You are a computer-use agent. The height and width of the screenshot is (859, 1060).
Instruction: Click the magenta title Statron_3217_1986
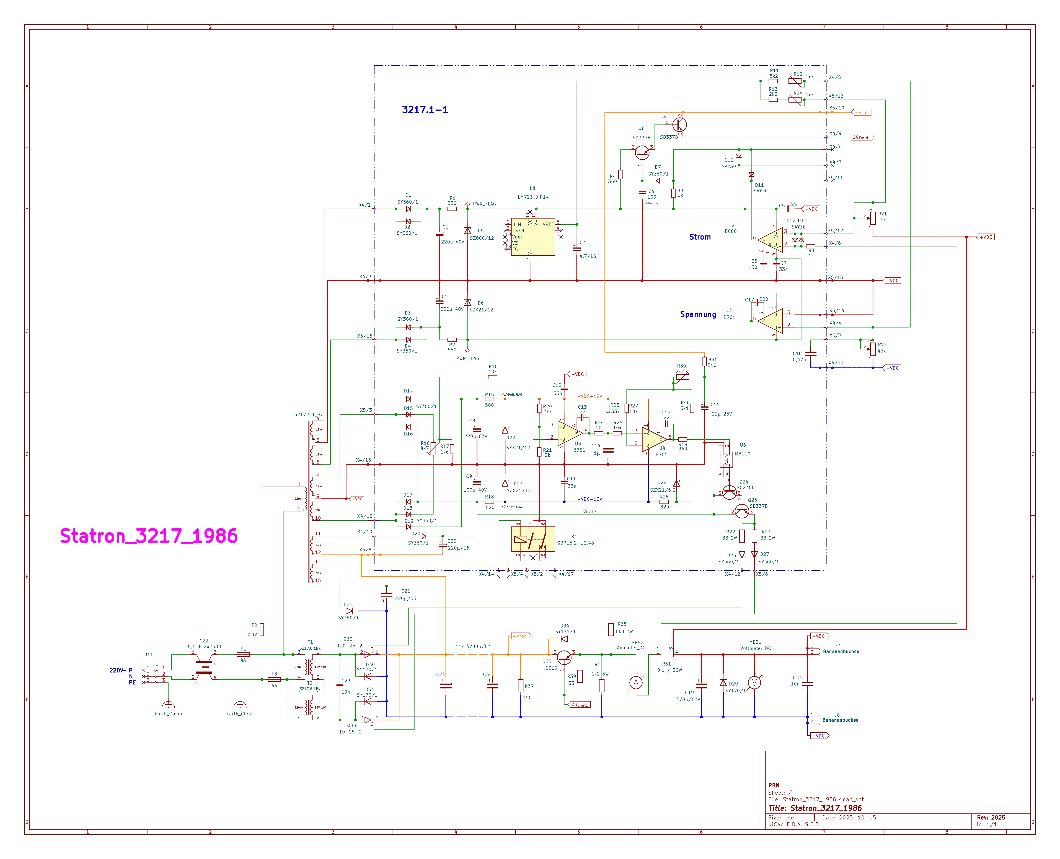click(148, 536)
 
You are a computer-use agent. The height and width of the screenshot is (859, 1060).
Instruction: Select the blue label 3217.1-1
click(425, 110)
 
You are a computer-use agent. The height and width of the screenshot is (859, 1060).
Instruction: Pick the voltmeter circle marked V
click(754, 683)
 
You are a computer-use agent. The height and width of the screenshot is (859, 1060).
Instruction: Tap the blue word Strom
click(700, 237)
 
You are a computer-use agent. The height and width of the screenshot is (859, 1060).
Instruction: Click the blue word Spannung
click(698, 314)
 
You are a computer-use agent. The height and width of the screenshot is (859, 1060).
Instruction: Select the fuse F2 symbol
click(262, 629)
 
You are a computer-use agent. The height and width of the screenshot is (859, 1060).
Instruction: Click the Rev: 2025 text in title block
click(991, 818)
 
